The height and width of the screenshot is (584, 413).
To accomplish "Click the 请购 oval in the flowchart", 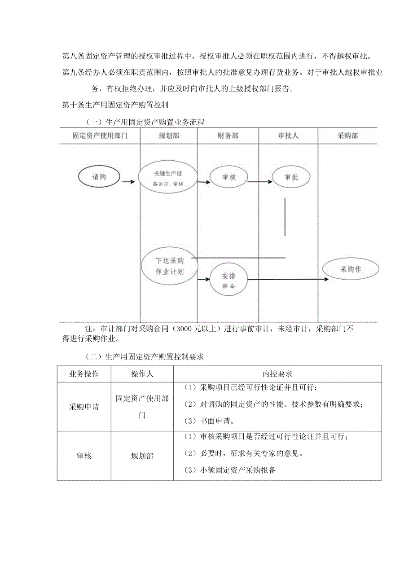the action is click(x=99, y=177).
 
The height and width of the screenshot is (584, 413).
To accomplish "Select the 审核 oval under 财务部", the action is click(x=228, y=177).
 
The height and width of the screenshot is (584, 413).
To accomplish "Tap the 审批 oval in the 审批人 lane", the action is click(x=291, y=177).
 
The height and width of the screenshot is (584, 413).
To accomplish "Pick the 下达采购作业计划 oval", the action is click(x=169, y=266).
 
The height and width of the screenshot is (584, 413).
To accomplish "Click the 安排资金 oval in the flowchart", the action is click(x=228, y=281).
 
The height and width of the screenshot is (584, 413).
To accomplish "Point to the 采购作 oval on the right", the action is click(x=351, y=269).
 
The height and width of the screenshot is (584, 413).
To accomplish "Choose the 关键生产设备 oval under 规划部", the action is click(x=168, y=178).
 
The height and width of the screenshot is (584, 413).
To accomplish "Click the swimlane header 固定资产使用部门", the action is click(x=100, y=136).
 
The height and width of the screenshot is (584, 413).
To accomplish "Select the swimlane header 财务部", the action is click(x=228, y=136).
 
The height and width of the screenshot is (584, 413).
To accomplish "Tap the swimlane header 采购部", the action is click(x=347, y=136).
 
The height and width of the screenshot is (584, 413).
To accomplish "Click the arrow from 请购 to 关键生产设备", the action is click(x=128, y=182).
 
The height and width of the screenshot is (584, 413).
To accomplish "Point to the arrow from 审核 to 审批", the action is click(x=259, y=182).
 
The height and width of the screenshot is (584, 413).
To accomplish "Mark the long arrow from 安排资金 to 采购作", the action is click(x=287, y=279).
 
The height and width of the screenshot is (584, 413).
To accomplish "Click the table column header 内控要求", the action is click(x=277, y=373).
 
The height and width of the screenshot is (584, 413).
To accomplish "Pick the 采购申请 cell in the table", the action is click(x=84, y=407).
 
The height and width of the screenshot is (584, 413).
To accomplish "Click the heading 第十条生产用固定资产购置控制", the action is click(x=115, y=105).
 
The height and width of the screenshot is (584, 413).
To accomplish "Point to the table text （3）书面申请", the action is click(x=209, y=422).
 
